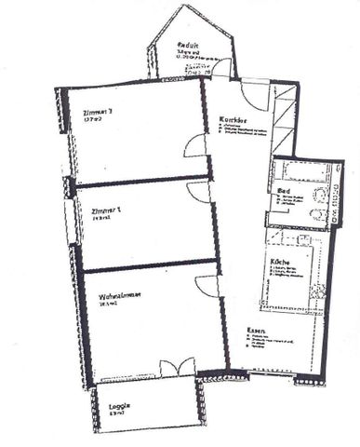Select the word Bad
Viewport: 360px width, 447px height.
pyautogui.click(x=284, y=194)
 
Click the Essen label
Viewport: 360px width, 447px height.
pyautogui.click(x=258, y=332)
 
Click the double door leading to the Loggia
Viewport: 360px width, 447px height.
pyautogui.click(x=178, y=366)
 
